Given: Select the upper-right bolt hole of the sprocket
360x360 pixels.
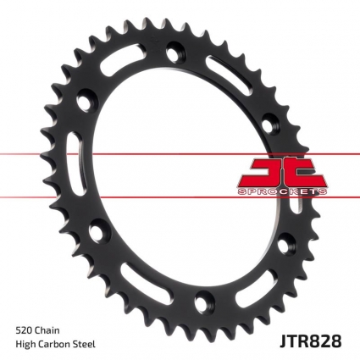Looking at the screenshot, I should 268,118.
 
